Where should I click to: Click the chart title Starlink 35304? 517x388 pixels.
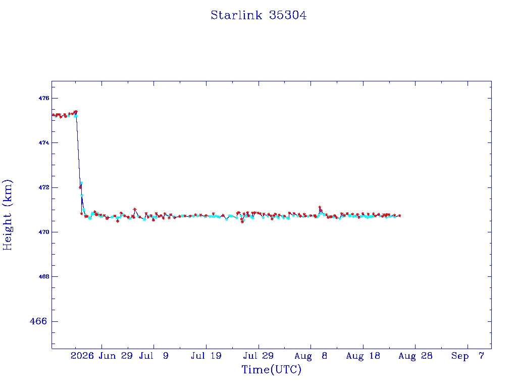258,15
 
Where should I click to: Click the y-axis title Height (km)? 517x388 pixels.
7,215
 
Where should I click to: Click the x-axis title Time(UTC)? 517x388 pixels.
271,369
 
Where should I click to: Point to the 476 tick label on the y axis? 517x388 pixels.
43,99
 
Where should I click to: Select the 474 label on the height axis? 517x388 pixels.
43,143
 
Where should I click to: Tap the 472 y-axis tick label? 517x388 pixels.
43,187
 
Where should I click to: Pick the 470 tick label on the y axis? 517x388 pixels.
43,232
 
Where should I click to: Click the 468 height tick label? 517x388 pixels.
43,276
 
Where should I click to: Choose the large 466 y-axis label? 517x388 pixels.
38,321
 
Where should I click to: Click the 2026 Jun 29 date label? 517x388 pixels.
101,356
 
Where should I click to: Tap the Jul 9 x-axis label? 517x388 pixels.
153,356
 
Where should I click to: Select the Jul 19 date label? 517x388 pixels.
206,356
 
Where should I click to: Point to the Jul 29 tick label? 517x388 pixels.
258,356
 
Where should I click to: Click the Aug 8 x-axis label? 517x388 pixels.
311,356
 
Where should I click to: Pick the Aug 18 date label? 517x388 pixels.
363,356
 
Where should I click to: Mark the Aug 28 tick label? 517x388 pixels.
416,356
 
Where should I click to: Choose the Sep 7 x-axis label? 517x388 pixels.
468,356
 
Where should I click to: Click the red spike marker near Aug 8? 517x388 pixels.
320,207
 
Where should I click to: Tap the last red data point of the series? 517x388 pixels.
400,215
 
